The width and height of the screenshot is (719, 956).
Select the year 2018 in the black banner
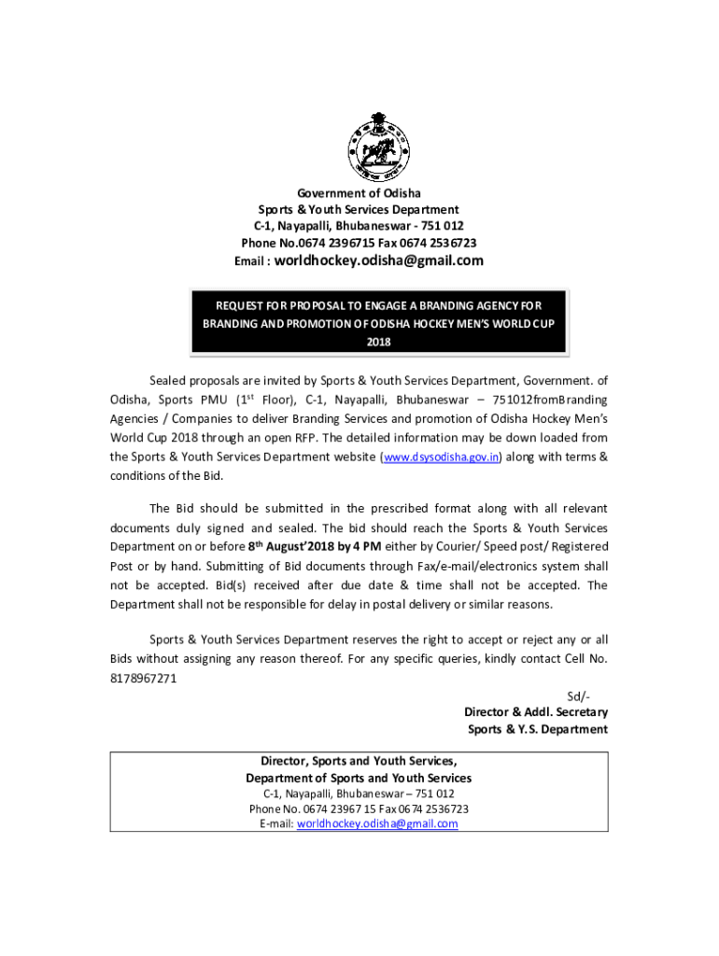pos(378,342)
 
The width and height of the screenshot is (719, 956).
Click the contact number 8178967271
pos(143,679)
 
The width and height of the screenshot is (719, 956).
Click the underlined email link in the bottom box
pos(376,824)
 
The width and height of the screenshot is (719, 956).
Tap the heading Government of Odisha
pos(359,193)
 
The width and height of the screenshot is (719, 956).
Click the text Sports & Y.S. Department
pos(538,729)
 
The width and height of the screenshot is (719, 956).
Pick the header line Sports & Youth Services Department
pos(359,210)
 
